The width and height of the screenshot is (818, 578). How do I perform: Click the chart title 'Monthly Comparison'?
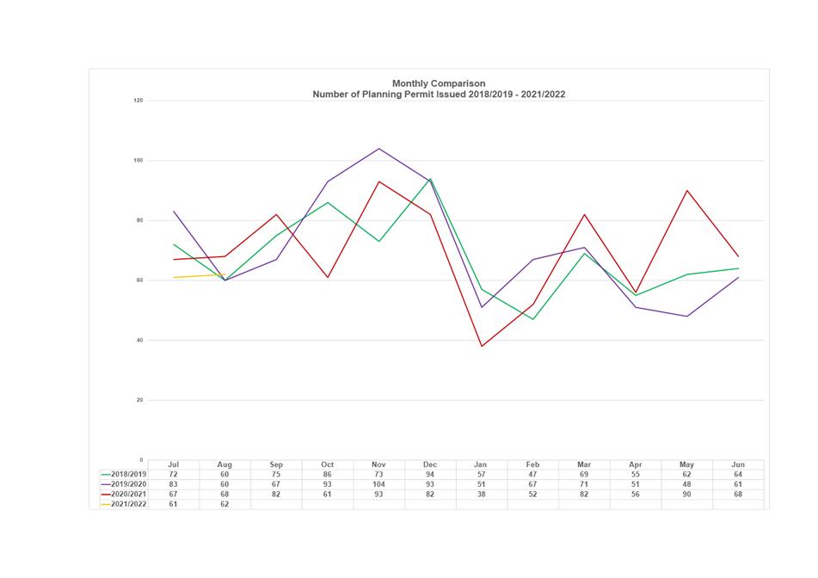tap(438, 83)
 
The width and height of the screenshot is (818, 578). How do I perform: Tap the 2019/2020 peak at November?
tap(378, 149)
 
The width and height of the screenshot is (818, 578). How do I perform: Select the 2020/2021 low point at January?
tap(481, 347)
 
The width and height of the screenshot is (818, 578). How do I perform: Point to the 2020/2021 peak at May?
tap(686, 190)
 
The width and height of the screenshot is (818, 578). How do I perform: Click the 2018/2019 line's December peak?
tap(430, 179)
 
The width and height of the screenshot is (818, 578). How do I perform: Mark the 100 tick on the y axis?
tap(138, 161)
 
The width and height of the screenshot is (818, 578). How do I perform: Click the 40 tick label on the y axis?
tap(138, 341)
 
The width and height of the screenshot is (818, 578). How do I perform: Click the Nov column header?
tap(378, 464)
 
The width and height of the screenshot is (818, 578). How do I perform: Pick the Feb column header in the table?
tap(532, 464)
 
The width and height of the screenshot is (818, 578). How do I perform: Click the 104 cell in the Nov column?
tap(378, 484)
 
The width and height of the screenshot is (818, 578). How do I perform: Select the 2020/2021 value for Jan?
tap(481, 495)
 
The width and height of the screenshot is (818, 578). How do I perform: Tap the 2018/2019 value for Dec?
tap(430, 474)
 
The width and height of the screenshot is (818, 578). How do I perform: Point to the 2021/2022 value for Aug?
tap(224, 505)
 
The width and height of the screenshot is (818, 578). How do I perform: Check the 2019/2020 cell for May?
tap(686, 484)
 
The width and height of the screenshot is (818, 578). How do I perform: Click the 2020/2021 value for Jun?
tap(738, 495)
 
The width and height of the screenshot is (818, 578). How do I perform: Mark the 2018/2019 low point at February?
tap(532, 319)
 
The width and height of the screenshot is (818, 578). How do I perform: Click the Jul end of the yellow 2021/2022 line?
tap(174, 277)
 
